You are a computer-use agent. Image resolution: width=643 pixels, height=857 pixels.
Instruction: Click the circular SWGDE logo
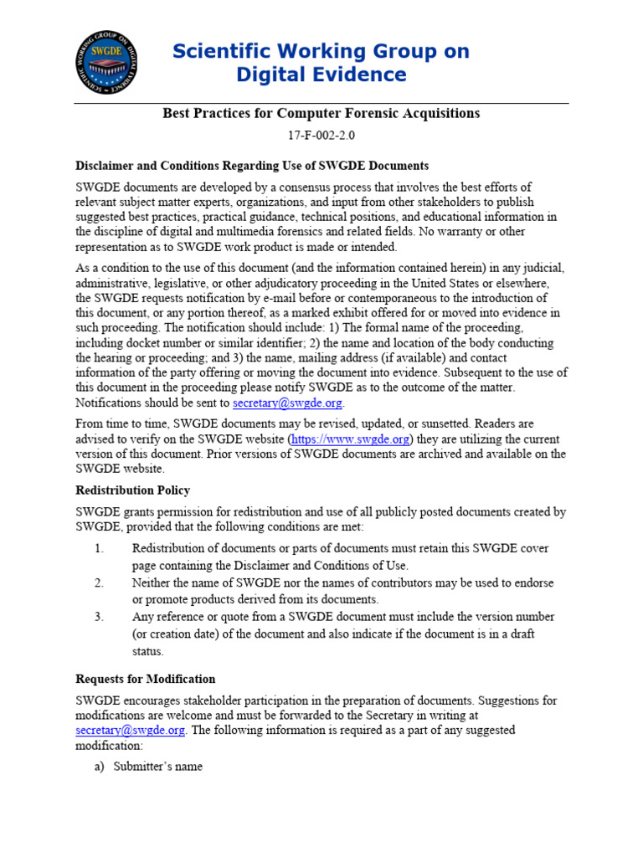coord(107,62)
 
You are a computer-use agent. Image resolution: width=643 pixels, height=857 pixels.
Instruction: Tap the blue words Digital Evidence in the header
coord(321,75)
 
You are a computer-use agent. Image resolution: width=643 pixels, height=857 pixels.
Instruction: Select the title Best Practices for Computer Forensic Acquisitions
coord(321,113)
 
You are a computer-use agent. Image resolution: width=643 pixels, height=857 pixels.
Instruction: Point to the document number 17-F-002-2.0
coord(321,136)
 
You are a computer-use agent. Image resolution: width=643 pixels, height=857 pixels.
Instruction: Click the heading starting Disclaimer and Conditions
coord(252,166)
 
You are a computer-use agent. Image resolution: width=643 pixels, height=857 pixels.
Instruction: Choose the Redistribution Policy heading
coord(132,490)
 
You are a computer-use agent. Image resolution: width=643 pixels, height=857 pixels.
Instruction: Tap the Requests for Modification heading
coord(146,679)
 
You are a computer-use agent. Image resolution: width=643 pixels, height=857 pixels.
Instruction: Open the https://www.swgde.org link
coord(350,439)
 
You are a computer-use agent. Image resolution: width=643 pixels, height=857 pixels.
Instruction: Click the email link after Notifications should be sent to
coord(287,403)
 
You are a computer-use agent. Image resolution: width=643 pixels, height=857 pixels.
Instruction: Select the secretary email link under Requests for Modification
coord(130,730)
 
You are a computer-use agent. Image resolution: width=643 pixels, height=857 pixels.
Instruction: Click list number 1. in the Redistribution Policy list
coord(99,548)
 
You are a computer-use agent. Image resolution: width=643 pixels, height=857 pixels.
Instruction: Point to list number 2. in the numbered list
coord(99,582)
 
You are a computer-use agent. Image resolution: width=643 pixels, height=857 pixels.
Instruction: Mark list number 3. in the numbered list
coord(99,617)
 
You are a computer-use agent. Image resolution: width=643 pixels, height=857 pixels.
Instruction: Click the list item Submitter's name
coord(158,767)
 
